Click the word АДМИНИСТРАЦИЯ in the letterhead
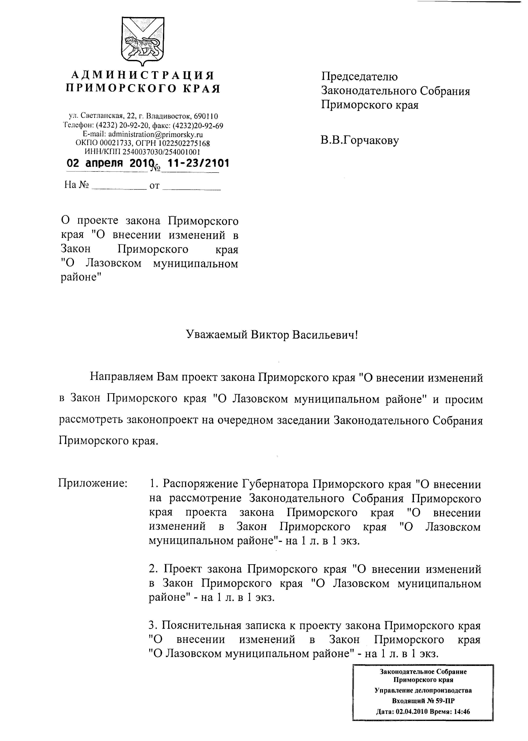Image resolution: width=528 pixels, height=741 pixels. (x=143, y=76)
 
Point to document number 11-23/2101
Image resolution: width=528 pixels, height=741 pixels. (x=198, y=163)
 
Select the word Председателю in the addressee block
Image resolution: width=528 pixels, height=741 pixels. (x=359, y=77)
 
